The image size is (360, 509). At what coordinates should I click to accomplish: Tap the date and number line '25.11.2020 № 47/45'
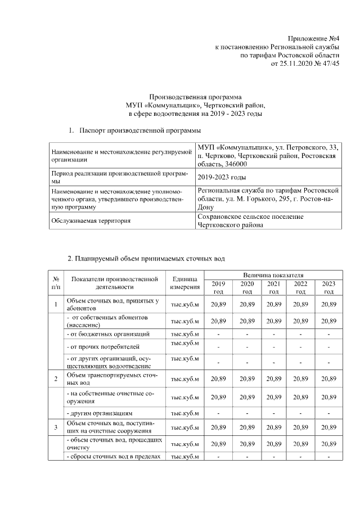[x=311, y=64]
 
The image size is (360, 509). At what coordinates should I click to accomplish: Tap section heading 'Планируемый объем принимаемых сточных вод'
[x=146, y=259]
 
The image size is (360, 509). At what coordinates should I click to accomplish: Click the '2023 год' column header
[x=328, y=287]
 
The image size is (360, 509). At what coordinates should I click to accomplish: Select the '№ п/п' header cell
[x=56, y=283]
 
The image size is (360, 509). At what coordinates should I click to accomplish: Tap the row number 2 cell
[x=56, y=379]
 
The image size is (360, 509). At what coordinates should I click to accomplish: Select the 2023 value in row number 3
[x=328, y=427]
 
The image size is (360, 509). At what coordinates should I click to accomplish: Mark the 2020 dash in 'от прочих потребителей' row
[x=246, y=346]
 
